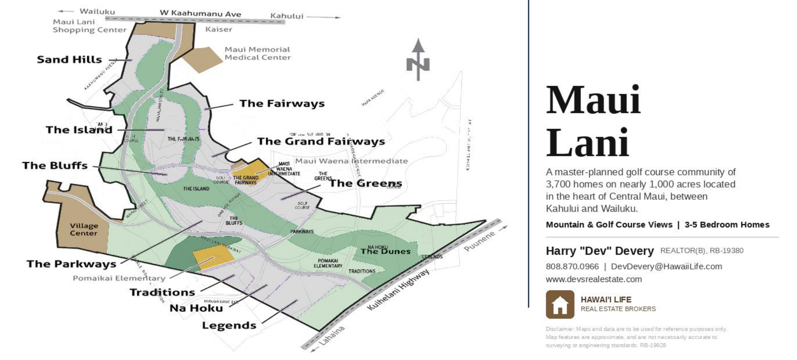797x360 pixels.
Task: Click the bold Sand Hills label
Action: [69, 60]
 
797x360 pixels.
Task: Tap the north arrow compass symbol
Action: [418, 60]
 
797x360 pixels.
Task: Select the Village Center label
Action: [84, 229]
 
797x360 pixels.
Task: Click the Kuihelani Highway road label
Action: [398, 289]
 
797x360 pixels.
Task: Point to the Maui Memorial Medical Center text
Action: [257, 54]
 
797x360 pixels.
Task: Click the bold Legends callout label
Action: [229, 326]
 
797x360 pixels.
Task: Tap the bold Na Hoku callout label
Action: [196, 308]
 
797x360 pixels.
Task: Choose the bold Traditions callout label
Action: [162, 292]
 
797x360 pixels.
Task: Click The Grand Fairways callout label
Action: [321, 141]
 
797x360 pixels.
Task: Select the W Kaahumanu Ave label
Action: [200, 13]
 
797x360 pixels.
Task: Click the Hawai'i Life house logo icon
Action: [560, 305]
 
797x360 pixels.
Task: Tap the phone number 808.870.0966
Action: [572, 266]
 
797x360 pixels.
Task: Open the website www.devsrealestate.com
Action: [594, 279]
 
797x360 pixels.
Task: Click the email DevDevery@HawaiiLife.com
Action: [666, 266]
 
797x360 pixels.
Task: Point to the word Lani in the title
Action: [588, 142]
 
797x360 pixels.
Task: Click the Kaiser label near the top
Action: [219, 29]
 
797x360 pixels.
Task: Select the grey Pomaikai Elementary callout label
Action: [119, 278]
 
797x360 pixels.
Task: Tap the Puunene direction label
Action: [479, 241]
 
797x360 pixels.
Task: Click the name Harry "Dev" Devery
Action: [600, 251]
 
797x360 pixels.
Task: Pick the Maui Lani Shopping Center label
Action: [89, 26]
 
